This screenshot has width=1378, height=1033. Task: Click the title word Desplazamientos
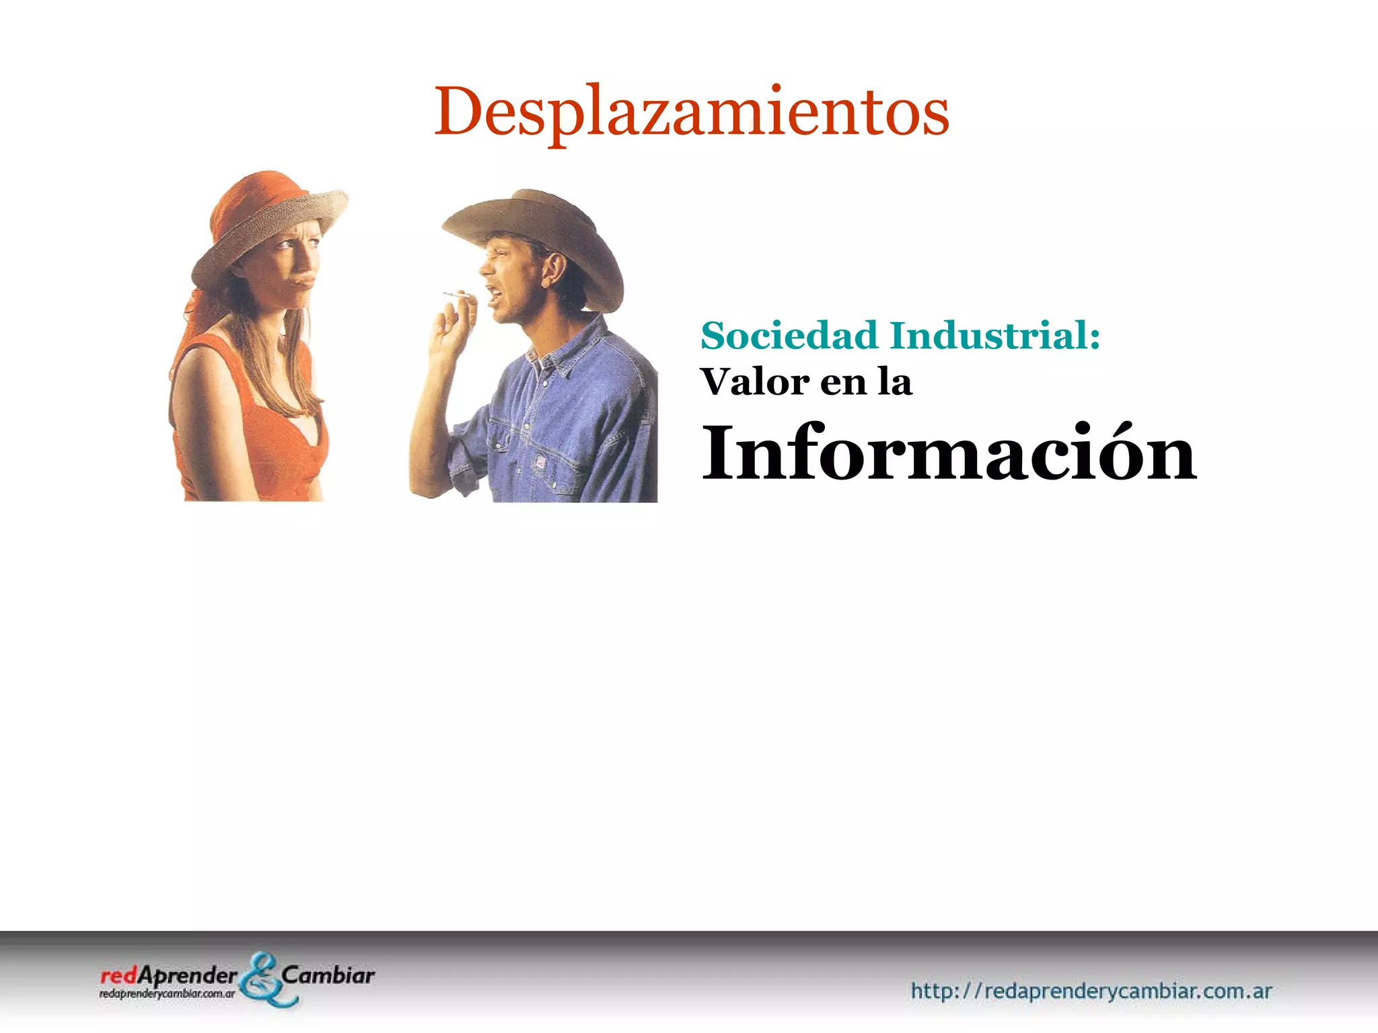[691, 112]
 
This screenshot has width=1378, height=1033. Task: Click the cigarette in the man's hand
[456, 295]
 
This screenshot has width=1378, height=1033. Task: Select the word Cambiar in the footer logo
[328, 975]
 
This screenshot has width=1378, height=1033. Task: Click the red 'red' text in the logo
[118, 976]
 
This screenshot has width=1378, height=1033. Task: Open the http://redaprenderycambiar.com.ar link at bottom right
[1091, 991]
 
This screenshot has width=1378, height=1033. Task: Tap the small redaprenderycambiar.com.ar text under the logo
[167, 993]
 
